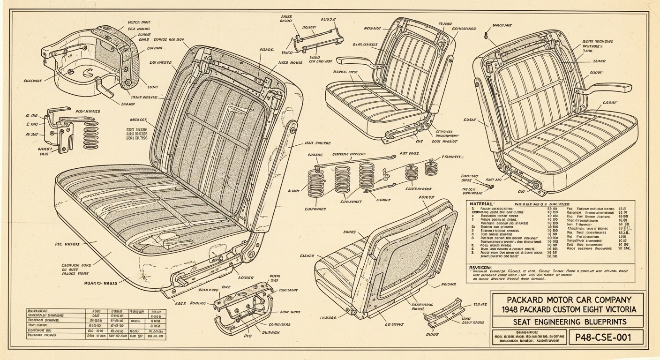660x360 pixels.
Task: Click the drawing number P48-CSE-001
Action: coord(605,337)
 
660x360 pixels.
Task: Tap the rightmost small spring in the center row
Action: coord(431,168)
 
